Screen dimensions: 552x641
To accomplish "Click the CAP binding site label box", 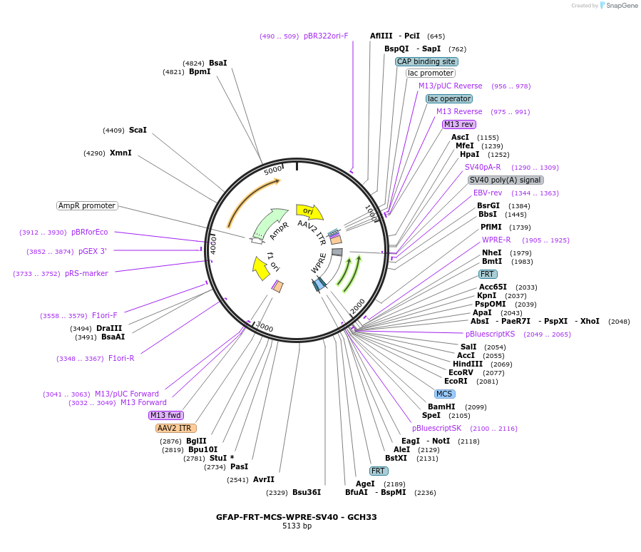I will (x=426, y=61).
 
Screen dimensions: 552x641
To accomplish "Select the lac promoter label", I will (x=431, y=73).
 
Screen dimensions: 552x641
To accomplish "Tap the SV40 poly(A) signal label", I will (x=506, y=180).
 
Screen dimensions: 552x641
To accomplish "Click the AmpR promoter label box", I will (x=87, y=205).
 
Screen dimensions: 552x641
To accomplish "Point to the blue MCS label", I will (x=444, y=394).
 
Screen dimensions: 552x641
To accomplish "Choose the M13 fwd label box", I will (x=166, y=415).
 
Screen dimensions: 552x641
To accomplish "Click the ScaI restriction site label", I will (x=138, y=130).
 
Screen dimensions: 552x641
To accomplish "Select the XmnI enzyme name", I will (x=120, y=153).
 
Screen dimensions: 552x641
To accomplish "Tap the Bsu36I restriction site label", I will (x=307, y=492).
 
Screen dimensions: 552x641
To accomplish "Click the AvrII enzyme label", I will (x=264, y=479).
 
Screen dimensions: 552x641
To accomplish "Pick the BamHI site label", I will (x=441, y=407).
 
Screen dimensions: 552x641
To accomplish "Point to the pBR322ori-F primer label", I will (x=326, y=36).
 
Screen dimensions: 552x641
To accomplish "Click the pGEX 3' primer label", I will (x=93, y=251).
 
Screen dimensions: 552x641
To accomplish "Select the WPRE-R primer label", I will (x=496, y=240).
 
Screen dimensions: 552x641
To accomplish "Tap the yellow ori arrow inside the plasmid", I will (x=309, y=211).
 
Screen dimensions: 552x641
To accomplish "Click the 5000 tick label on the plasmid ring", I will (x=273, y=170).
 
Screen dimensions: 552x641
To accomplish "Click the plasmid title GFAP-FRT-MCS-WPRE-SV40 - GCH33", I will (x=297, y=517).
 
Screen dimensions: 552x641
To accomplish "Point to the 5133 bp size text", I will (x=297, y=526).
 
